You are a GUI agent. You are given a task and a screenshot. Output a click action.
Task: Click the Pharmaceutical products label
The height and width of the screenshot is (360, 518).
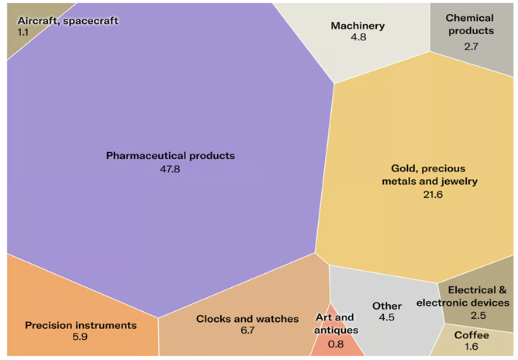(x=170, y=155)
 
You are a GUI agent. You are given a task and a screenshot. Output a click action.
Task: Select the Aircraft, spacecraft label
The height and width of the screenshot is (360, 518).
(x=68, y=21)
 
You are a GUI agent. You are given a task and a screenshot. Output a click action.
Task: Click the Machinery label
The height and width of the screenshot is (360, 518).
(x=357, y=26)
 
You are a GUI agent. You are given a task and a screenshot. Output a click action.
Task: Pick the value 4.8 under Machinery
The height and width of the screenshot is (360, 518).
(x=357, y=38)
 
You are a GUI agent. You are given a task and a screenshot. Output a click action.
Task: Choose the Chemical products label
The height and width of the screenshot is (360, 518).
(x=470, y=24)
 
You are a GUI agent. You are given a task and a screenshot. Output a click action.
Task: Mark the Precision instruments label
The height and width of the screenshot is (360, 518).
(x=81, y=325)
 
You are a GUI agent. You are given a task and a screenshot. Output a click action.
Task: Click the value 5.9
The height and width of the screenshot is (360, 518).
(x=81, y=337)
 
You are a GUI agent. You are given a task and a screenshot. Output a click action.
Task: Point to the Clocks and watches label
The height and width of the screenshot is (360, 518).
(x=247, y=319)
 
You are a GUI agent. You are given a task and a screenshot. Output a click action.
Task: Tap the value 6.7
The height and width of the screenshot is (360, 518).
(x=247, y=331)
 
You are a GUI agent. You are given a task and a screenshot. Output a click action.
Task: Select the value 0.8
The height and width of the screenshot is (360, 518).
(x=335, y=344)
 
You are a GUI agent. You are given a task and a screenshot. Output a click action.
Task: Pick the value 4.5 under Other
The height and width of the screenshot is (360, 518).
(x=387, y=317)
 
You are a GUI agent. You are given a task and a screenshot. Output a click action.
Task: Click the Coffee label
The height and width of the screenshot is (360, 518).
(x=471, y=334)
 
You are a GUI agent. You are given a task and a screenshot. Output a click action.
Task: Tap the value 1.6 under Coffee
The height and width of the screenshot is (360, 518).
(x=471, y=347)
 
